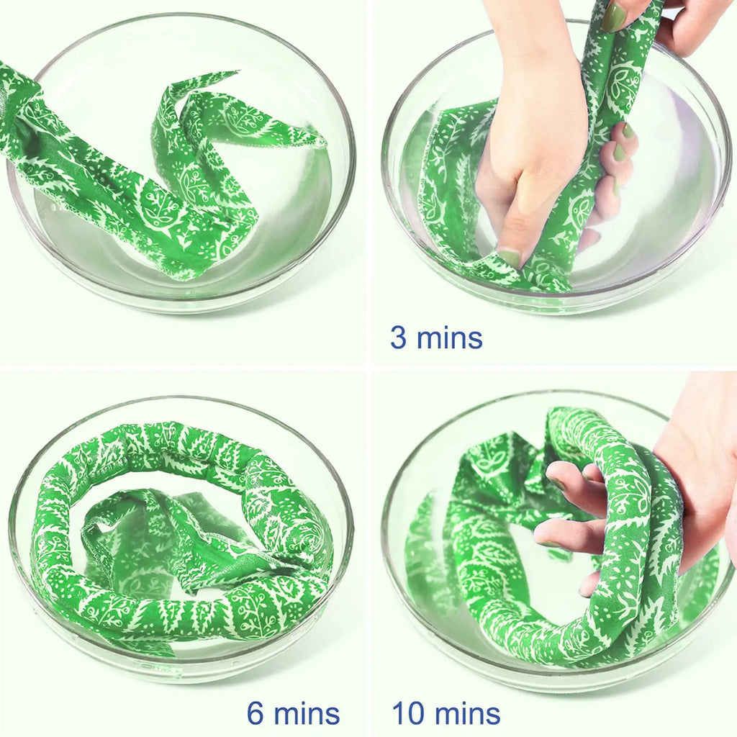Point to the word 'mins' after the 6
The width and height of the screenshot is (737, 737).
coord(307,713)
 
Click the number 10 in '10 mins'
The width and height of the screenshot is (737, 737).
coord(409,713)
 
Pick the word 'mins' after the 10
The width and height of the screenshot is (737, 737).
coord(467,713)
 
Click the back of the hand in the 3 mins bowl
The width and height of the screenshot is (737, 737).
coord(531,141)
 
